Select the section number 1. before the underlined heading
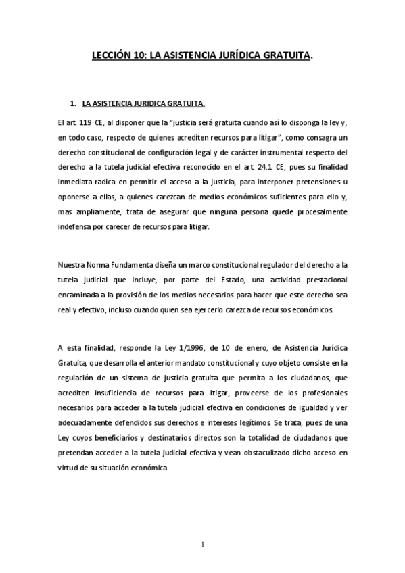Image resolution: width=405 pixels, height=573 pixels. (74, 105)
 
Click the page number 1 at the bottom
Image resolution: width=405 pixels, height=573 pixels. (202, 545)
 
